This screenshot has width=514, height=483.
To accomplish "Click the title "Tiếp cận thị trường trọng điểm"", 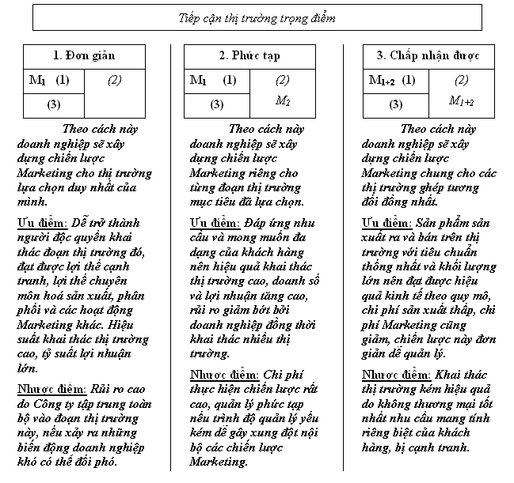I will [257, 17].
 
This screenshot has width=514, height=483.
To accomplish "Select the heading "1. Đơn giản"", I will [84, 56].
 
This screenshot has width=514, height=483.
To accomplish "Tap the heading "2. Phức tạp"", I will [249, 56].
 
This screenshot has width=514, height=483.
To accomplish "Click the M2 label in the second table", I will [283, 100].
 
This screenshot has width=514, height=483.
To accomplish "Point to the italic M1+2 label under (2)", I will [461, 100].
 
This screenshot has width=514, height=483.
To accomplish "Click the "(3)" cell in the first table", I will [53, 104].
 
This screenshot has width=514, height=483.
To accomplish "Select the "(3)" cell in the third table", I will [396, 104].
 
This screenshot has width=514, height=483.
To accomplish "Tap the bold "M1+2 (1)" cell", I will [392, 80].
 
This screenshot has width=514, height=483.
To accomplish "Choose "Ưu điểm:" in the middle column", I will [215, 223].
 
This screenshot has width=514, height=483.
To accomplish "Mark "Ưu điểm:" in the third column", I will [386, 223].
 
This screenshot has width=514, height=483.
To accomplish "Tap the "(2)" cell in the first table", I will [115, 80].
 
